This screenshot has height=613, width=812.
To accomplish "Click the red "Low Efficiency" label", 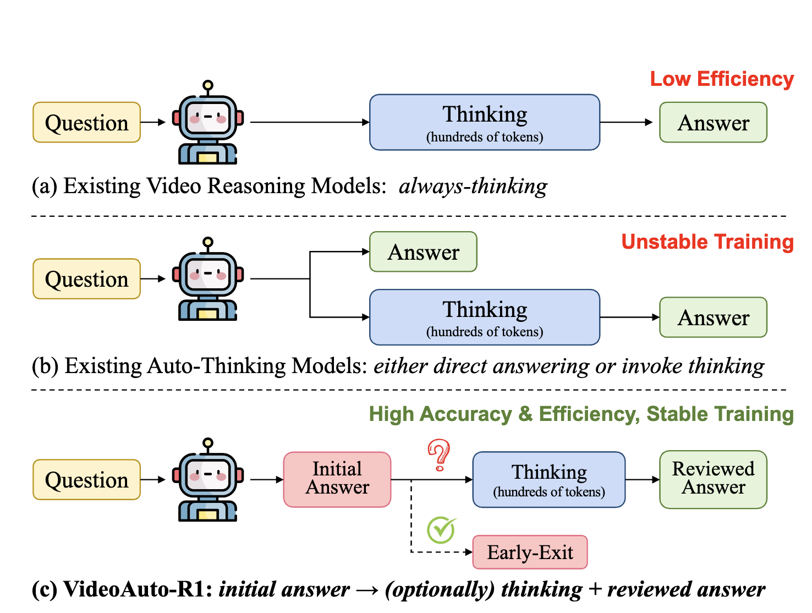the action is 722,79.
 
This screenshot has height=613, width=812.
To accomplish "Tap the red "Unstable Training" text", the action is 707,242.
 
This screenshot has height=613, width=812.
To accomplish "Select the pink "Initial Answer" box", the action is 337,479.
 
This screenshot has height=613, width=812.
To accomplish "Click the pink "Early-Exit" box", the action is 530,551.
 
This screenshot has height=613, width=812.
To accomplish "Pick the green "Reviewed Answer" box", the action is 713,479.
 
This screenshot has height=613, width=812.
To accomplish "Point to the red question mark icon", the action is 439,455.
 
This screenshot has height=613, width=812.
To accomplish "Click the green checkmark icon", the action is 441,530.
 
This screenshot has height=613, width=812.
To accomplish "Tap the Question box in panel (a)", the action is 86,122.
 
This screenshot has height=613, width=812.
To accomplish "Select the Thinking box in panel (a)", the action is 485,122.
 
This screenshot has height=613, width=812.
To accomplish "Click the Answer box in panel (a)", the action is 713,122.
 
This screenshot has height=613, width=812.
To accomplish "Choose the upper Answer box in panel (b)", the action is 423,251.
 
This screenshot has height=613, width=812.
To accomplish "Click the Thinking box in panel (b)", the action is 485,317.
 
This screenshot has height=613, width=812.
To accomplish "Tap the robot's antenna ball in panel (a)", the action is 208,85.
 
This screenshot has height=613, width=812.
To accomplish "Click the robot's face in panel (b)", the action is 208,275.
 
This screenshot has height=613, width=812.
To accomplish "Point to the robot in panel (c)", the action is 208,479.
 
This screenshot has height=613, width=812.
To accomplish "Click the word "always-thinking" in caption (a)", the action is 473,185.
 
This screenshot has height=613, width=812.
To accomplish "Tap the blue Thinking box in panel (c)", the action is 549,479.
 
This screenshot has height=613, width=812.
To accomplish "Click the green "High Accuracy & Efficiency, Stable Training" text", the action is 581,414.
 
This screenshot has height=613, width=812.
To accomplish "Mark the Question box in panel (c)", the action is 86,479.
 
